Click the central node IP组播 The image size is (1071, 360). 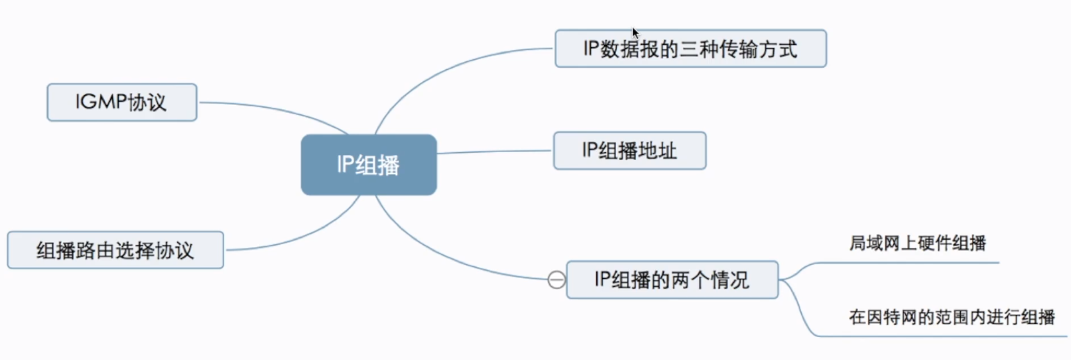point(368,165)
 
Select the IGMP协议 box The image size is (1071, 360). point(122,103)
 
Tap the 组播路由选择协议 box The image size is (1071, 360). point(115,250)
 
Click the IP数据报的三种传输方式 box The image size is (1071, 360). point(690,49)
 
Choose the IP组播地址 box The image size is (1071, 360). point(629,150)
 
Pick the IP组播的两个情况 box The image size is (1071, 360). point(671,280)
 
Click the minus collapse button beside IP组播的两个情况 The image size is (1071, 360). point(557,280)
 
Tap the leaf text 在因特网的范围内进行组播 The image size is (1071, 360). point(951,317)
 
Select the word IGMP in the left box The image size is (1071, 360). point(100,103)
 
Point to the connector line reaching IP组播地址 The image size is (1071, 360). point(494,152)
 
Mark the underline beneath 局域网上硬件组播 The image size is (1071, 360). point(922,262)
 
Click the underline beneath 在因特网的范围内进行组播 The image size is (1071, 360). point(952,336)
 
